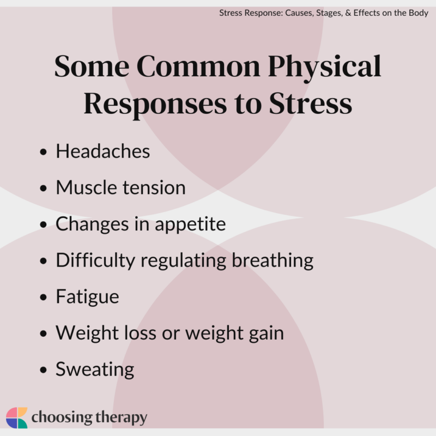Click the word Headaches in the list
pyautogui.click(x=102, y=151)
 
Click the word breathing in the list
pyautogui.click(x=272, y=261)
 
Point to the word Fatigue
pyautogui.click(x=87, y=297)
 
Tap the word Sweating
pyautogui.click(x=95, y=370)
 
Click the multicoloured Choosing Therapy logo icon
pyautogui.click(x=16, y=417)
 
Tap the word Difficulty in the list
pyautogui.click(x=95, y=261)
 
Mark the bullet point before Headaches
pyautogui.click(x=44, y=152)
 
